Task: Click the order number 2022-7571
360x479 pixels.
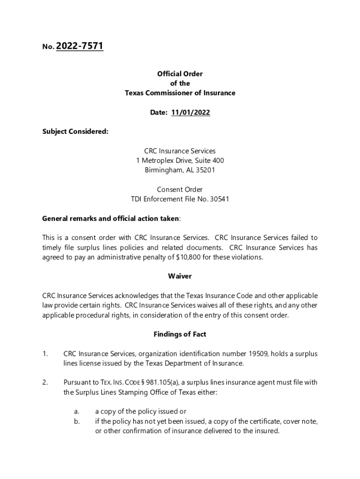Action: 79,46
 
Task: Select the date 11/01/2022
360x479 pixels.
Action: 190,112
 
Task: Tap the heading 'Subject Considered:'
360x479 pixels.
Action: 75,131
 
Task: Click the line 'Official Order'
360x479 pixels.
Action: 180,74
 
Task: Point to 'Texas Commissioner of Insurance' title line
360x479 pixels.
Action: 180,93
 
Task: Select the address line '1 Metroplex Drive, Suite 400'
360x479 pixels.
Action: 180,160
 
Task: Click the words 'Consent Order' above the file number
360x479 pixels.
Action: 180,189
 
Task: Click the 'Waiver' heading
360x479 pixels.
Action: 180,276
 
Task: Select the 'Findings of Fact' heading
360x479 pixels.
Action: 180,334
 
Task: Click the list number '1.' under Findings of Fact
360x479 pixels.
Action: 45,354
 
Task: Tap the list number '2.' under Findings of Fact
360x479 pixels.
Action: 45,383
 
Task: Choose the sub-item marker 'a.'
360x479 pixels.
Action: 77,412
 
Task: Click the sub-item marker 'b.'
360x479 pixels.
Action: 77,421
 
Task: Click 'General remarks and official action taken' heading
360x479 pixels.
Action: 110,218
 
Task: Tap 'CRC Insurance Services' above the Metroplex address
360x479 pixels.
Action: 180,151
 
